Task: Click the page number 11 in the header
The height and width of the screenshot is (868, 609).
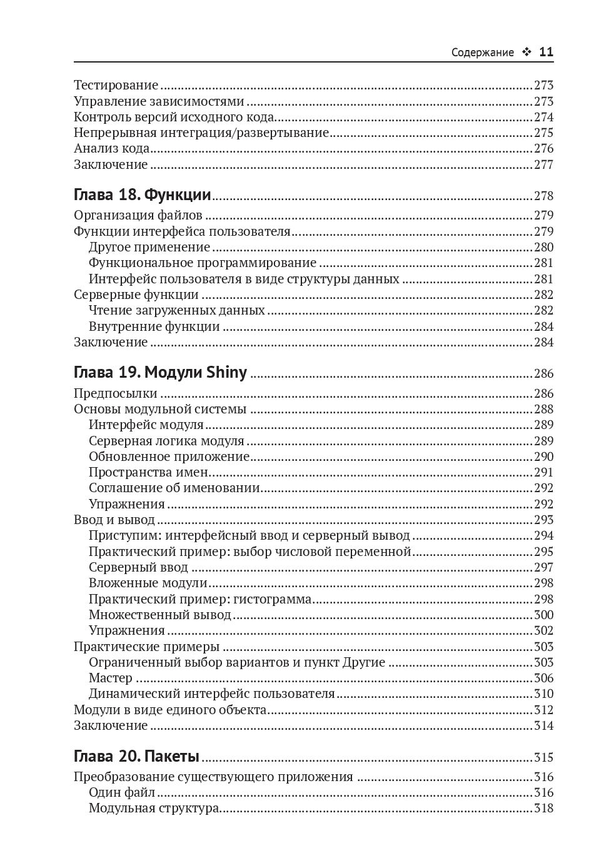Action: pyautogui.click(x=546, y=53)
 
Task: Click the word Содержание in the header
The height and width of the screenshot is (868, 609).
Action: pyautogui.click(x=482, y=53)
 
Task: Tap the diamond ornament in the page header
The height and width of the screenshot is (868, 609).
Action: pyautogui.click(x=526, y=53)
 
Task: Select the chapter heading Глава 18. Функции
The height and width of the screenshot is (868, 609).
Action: pyautogui.click(x=142, y=195)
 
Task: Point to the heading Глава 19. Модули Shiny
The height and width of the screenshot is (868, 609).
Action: pyautogui.click(x=160, y=373)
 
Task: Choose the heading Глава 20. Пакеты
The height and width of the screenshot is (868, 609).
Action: pyautogui.click(x=136, y=757)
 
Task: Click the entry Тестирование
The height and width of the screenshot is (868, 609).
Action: pyautogui.click(x=116, y=85)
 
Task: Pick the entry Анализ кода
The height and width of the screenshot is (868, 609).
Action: pyautogui.click(x=111, y=148)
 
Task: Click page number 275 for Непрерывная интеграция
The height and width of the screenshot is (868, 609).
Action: pyautogui.click(x=543, y=133)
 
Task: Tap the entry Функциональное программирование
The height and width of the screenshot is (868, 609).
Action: pyautogui.click(x=202, y=263)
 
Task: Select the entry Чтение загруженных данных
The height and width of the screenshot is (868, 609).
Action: pyautogui.click(x=176, y=310)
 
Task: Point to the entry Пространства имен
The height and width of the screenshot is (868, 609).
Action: pyautogui.click(x=148, y=472)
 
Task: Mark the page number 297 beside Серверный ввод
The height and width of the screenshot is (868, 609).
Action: pyautogui.click(x=543, y=567)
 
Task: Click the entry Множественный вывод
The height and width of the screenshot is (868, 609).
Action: pyautogui.click(x=159, y=615)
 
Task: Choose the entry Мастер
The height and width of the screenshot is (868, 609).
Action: pyautogui.click(x=110, y=678)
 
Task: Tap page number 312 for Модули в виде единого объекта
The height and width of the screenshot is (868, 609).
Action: pyautogui.click(x=543, y=710)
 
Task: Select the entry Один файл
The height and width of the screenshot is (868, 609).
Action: pyautogui.click(x=121, y=793)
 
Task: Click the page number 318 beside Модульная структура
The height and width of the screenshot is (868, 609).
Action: pyautogui.click(x=543, y=809)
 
